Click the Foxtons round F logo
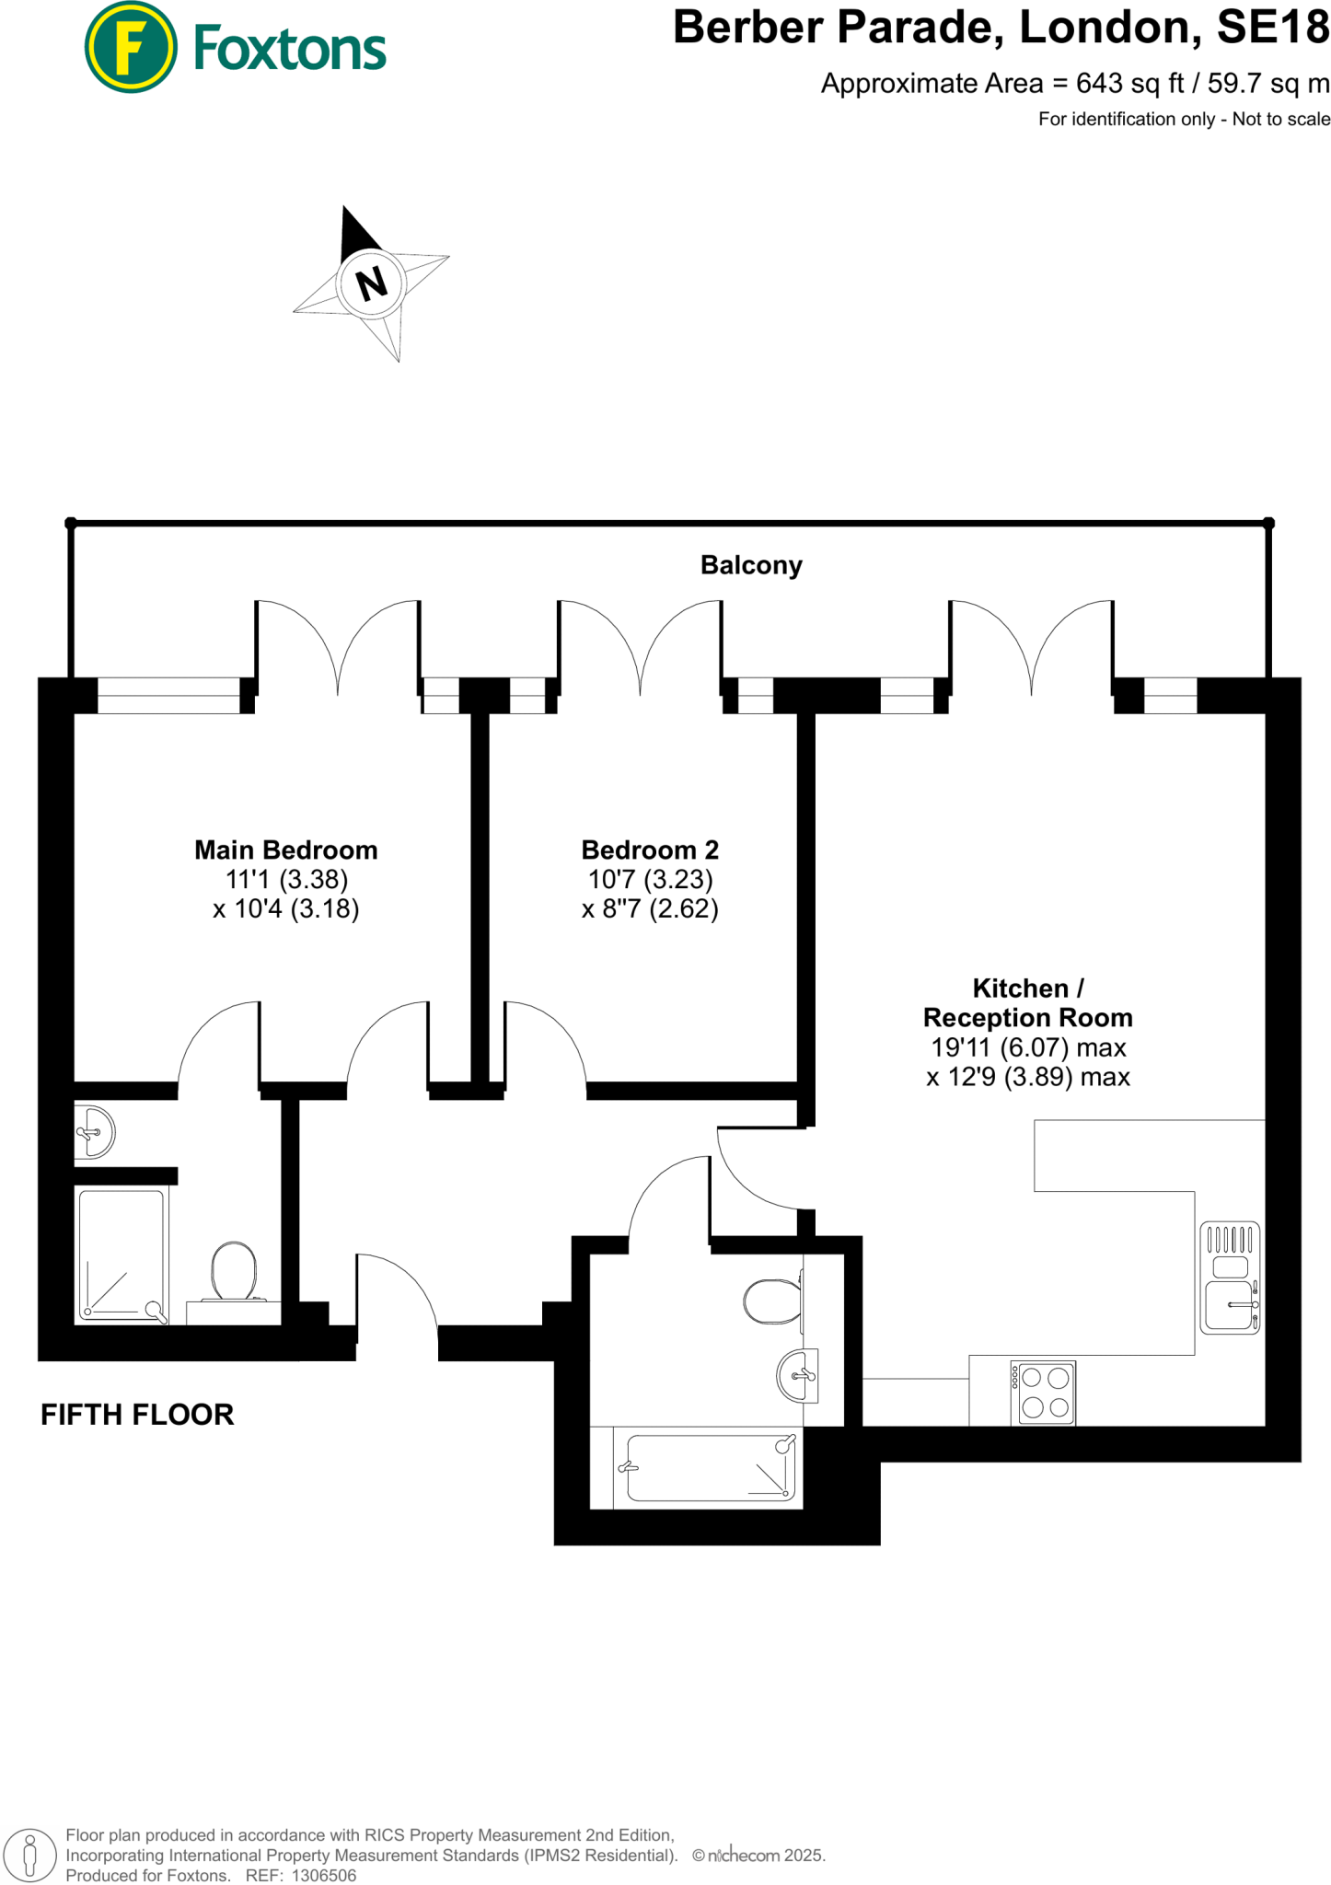point(130,47)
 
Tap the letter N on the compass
point(371,283)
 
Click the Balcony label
point(751,565)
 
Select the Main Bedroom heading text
point(285,850)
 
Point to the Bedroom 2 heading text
point(650,850)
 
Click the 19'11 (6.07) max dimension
point(1027,1047)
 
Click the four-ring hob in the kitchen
point(1043,1393)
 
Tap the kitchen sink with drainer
point(1230,1278)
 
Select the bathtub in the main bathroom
point(707,1467)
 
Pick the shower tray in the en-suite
point(122,1255)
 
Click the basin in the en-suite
point(94,1132)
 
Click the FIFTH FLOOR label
point(137,1415)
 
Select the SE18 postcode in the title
point(1273,28)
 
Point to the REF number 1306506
point(323,1876)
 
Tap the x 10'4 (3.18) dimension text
point(285,909)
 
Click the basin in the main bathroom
point(797,1376)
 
